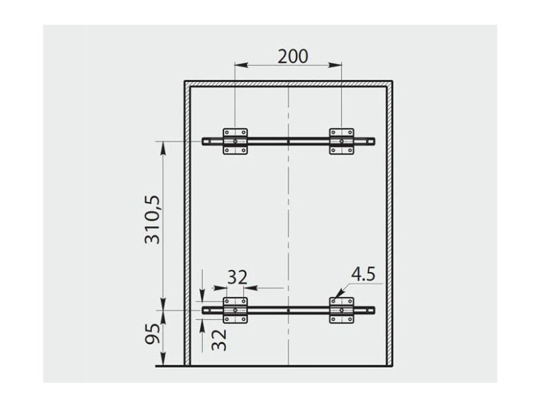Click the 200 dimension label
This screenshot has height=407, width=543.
click(x=293, y=56)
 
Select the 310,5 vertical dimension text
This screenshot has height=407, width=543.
click(x=152, y=220)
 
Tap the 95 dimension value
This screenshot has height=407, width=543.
click(x=152, y=334)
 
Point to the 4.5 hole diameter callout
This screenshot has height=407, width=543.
click(x=363, y=275)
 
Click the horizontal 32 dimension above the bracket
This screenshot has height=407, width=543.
click(x=237, y=277)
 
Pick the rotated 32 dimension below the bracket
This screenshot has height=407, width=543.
click(x=219, y=341)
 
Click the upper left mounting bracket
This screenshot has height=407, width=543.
click(x=235, y=141)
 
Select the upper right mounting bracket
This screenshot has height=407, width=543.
click(x=341, y=141)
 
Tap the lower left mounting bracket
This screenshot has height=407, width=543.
click(x=235, y=311)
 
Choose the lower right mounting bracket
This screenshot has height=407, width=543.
click(x=341, y=311)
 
